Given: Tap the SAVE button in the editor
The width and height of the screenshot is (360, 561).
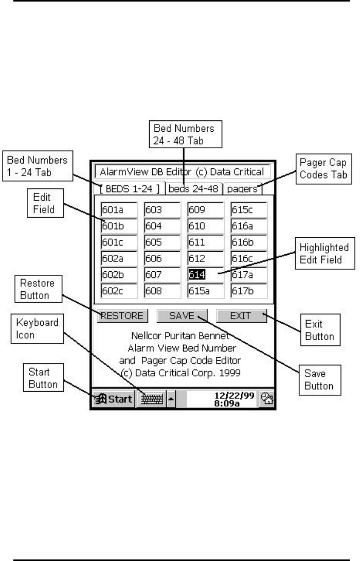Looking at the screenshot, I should (x=182, y=315).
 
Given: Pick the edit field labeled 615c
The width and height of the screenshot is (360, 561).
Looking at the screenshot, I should (x=249, y=209).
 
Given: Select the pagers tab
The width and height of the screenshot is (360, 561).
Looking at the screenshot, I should (x=242, y=188).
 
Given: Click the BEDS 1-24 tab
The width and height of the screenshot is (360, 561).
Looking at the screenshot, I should (x=131, y=188).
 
